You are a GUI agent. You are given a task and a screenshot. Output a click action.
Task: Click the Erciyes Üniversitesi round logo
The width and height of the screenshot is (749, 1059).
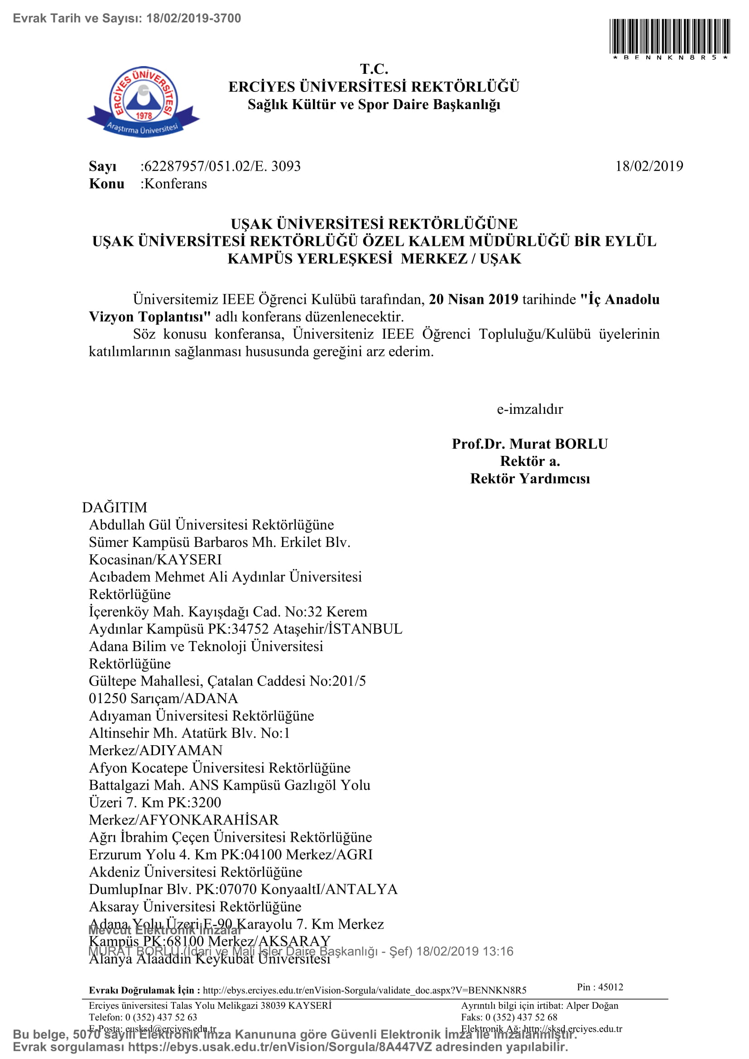[x=144, y=101]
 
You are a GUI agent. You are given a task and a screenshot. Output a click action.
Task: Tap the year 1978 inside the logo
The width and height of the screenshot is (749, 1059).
[x=144, y=116]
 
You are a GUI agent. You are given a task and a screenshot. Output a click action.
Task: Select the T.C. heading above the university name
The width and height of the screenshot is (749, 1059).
[x=374, y=69]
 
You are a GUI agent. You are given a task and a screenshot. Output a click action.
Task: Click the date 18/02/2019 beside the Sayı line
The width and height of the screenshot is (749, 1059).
[x=649, y=166]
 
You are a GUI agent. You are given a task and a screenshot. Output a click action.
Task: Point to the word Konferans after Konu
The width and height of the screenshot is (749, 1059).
[x=175, y=183]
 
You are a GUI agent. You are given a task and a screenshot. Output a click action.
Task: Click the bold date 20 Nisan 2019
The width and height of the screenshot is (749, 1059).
[x=473, y=299]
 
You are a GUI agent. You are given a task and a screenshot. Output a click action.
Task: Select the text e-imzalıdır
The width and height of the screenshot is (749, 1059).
[x=529, y=409]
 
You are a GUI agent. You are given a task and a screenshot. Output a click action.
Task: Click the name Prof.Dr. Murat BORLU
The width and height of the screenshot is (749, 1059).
[x=529, y=444]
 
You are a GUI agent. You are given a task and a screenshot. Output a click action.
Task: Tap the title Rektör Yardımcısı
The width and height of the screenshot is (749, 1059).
[x=529, y=479]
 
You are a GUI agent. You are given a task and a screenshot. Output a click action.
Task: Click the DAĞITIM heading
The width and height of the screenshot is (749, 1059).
[x=115, y=508]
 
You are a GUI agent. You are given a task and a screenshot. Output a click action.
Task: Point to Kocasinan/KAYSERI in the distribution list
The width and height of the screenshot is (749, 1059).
[x=155, y=560]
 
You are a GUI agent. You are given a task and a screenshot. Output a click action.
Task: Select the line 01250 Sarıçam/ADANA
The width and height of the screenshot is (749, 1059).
[x=163, y=698]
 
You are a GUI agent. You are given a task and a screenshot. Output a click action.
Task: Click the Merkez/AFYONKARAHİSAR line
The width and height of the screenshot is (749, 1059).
[x=183, y=819]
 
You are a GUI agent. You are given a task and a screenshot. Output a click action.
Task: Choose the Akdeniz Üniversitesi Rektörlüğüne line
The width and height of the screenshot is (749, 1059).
[x=196, y=872]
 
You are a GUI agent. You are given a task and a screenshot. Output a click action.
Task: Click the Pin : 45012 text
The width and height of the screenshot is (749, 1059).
[x=600, y=987]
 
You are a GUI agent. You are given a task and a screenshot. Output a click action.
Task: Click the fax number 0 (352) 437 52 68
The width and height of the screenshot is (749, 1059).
[x=521, y=1017]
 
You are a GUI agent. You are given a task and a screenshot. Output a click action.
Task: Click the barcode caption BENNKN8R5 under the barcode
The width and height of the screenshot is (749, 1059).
[x=670, y=58]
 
